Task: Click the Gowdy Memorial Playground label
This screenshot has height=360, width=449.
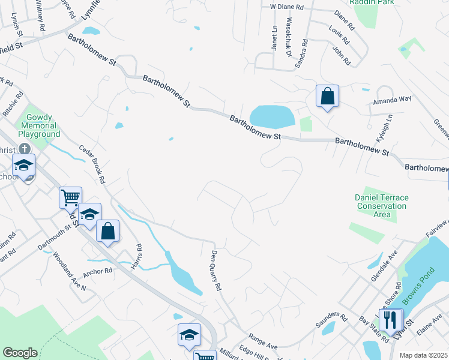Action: [x=41, y=126]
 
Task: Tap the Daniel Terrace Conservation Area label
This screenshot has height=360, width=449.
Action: [x=381, y=206]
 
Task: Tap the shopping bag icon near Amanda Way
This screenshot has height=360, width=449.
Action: [x=327, y=97]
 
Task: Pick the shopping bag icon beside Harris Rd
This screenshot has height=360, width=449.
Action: [x=107, y=232]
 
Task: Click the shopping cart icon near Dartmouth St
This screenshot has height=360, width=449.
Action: [x=70, y=197]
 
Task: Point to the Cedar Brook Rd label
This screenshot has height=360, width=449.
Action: [x=94, y=164]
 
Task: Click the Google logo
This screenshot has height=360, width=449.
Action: [x=19, y=353]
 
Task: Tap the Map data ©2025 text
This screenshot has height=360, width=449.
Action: [x=423, y=355]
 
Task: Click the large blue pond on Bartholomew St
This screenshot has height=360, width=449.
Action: [x=272, y=116]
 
